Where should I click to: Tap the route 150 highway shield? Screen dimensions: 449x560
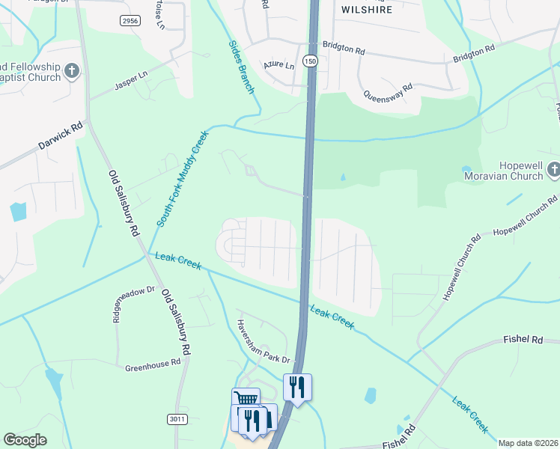(x=310, y=60)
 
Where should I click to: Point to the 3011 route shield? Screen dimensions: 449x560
(x=177, y=419)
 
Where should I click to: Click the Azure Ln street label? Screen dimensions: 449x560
(x=279, y=65)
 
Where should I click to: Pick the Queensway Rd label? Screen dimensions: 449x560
(x=388, y=94)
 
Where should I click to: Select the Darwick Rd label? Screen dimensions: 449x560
(x=60, y=135)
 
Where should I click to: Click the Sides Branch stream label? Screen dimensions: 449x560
(x=242, y=67)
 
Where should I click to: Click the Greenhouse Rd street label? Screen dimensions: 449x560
(x=153, y=364)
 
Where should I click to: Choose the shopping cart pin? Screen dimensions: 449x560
(x=246, y=398)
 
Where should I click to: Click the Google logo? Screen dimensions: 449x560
(x=25, y=440)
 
